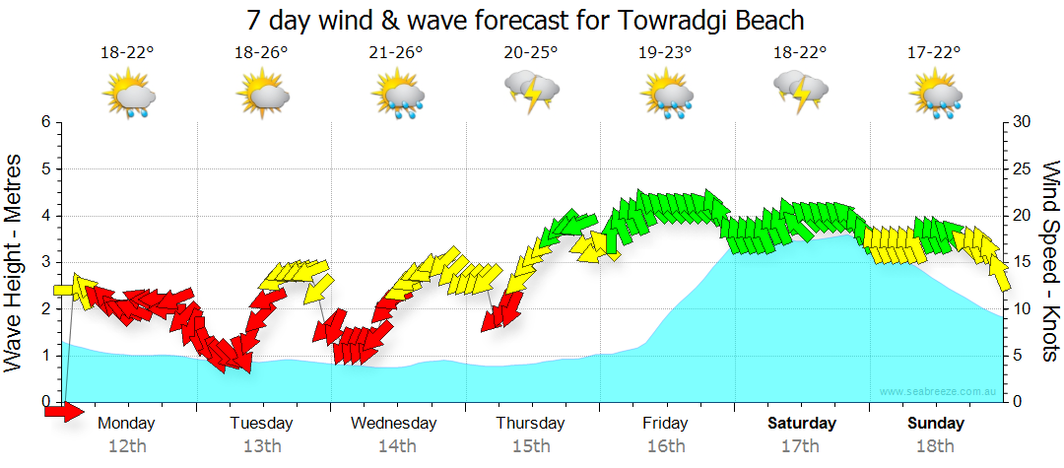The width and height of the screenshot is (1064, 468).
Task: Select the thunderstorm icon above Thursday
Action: point(532,94)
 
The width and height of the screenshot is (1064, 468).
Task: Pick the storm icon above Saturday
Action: point(800,93)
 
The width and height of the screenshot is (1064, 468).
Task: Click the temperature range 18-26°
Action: point(261,53)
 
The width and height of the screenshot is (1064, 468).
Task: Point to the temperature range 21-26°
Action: point(396,53)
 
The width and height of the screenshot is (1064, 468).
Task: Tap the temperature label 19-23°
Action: point(665,53)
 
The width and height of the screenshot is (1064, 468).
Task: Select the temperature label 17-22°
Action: point(934,53)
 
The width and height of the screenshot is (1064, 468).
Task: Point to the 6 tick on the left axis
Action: point(44,122)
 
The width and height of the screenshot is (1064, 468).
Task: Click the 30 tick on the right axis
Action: point(1024,122)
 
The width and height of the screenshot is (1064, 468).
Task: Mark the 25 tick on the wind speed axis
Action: point(1024,169)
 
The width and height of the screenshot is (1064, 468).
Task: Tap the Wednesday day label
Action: point(394,424)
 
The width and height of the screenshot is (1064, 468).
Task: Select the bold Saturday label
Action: point(802,424)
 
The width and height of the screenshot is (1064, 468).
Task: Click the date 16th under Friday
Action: point(666,446)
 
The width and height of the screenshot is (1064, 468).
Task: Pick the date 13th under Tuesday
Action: point(261,446)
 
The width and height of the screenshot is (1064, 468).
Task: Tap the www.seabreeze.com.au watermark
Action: point(940,392)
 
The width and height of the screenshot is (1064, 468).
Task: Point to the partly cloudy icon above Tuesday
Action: point(262,96)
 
